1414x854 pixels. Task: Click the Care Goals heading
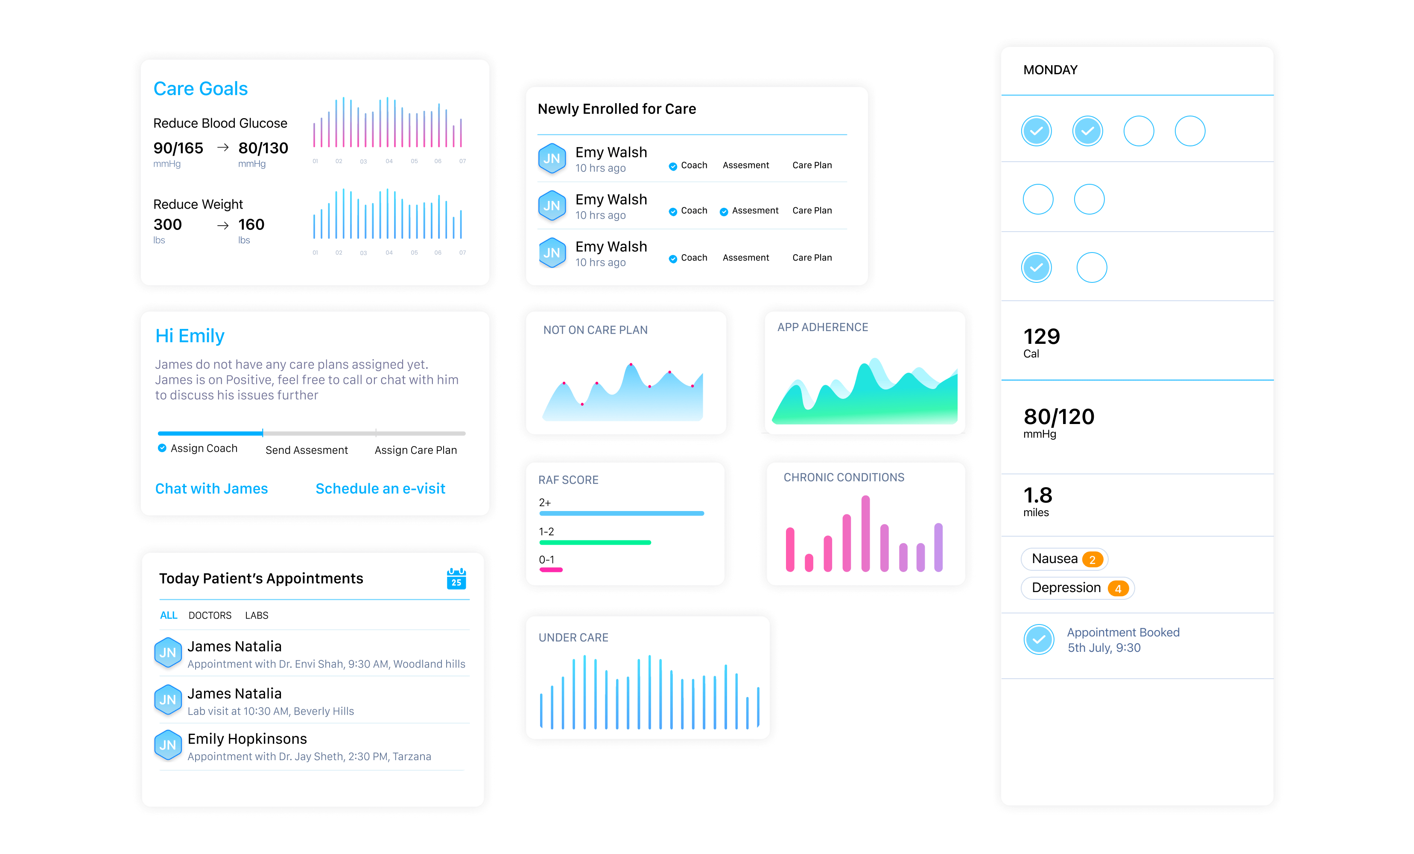200,89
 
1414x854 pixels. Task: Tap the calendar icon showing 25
456,579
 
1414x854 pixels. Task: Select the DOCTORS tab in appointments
210,616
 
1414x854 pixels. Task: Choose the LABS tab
257,616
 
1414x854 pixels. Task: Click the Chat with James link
211,489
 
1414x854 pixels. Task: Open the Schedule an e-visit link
380,489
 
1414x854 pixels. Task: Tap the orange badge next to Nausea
1092,560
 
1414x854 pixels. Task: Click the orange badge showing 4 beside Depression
1118,588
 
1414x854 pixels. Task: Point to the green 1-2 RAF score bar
595,543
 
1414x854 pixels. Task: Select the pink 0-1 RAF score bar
551,570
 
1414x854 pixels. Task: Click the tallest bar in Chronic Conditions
865,533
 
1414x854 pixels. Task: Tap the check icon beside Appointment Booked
1039,639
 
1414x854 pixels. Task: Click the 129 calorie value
1042,336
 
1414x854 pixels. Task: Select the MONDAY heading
1050,70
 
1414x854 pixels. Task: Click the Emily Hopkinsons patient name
247,739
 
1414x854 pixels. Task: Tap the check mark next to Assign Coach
162,448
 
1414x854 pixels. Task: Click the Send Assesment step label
307,450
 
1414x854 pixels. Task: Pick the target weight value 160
251,224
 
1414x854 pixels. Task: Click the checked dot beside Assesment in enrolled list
724,212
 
